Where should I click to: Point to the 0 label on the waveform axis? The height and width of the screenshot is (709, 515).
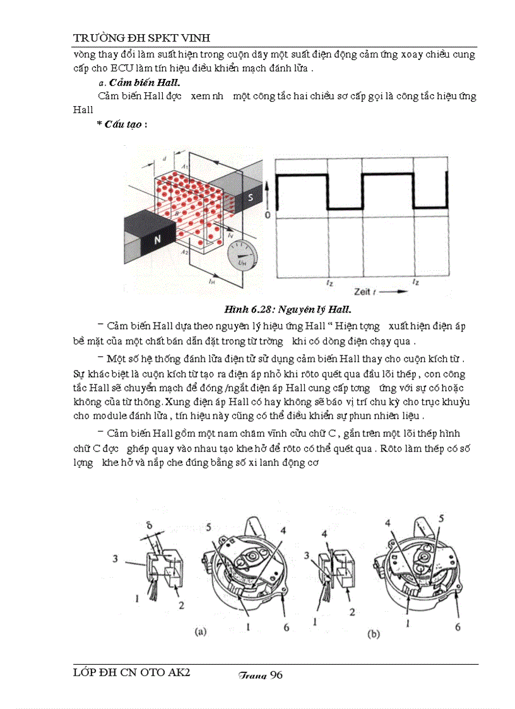(268, 216)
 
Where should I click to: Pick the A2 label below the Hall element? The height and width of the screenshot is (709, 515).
(185, 251)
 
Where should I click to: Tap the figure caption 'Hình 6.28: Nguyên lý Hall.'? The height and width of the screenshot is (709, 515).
(287, 309)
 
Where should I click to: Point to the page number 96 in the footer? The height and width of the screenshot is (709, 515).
(276, 675)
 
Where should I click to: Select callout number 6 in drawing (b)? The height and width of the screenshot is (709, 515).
(458, 627)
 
